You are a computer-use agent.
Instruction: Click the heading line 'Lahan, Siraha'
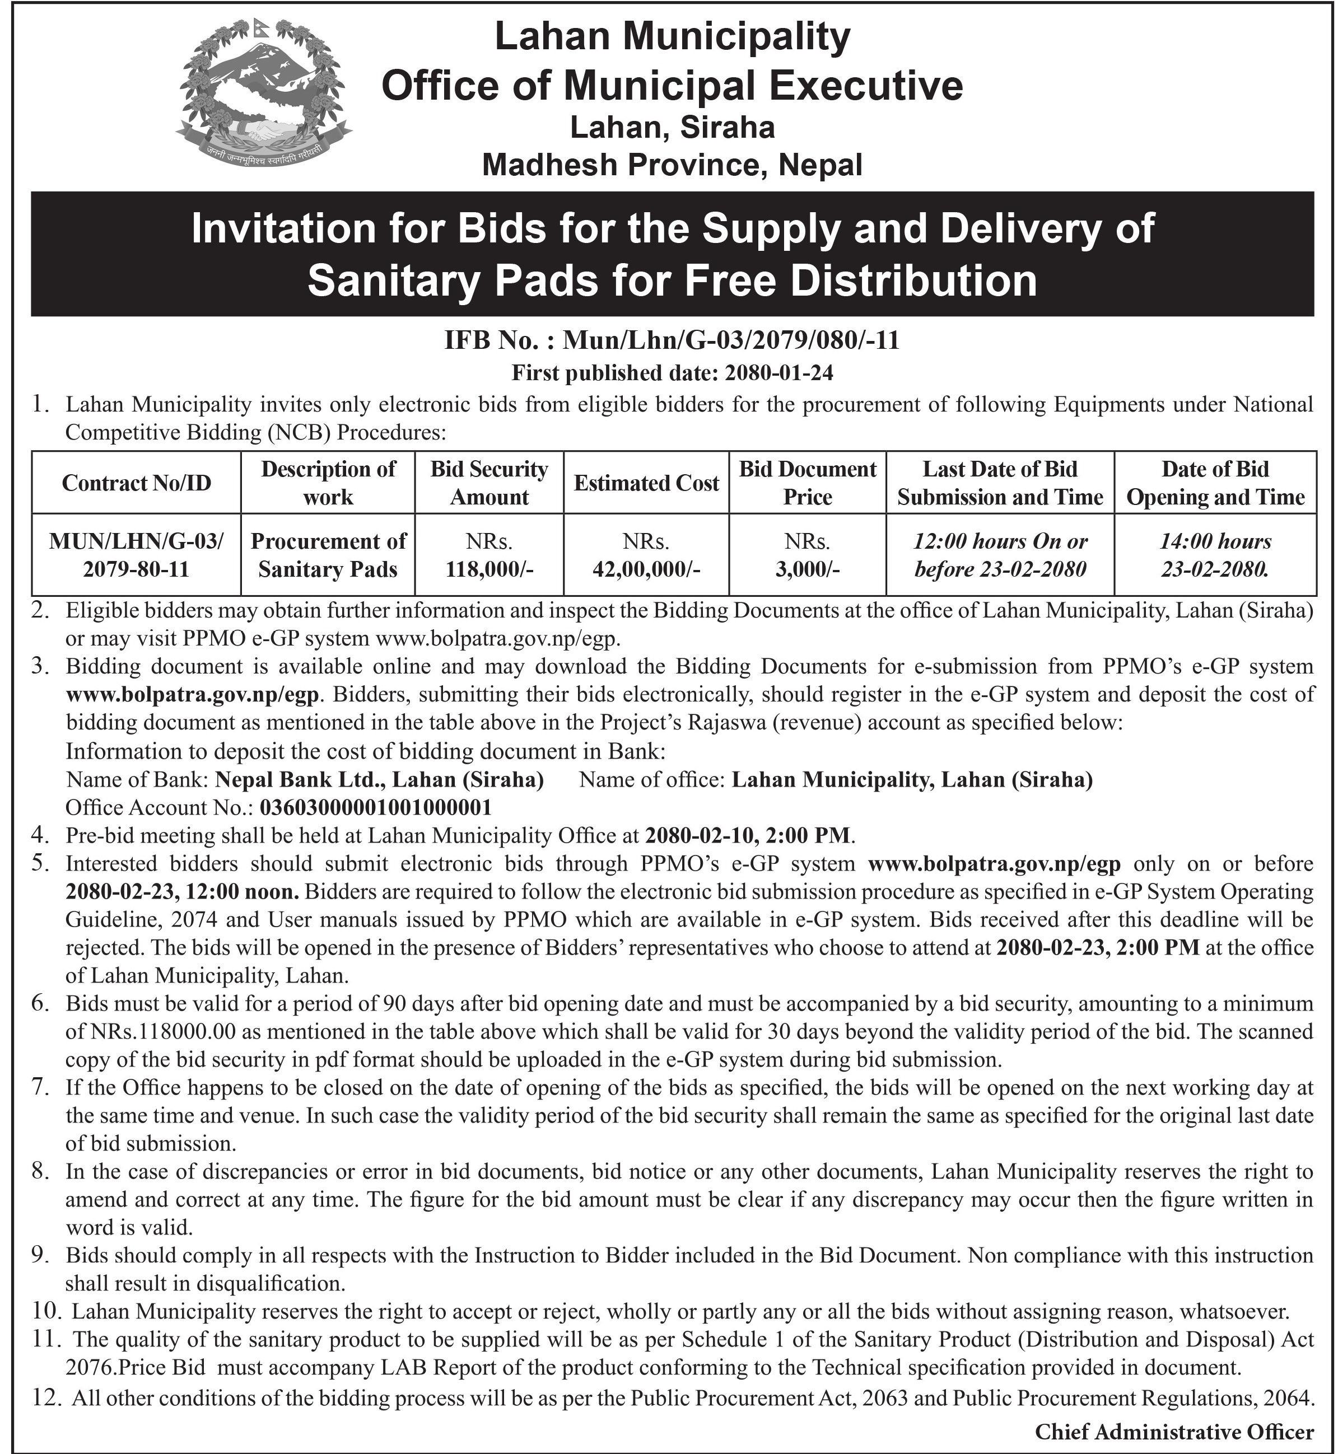click(672, 128)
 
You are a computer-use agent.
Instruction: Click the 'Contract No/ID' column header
click(136, 483)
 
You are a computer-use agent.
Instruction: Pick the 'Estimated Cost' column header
click(646, 483)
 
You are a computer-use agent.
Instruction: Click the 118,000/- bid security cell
click(489, 555)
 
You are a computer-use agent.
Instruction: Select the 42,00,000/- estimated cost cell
click(646, 555)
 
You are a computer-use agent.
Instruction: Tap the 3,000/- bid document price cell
click(807, 555)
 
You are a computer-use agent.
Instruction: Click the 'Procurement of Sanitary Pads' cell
click(328, 555)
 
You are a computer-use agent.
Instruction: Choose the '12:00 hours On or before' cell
click(1000, 555)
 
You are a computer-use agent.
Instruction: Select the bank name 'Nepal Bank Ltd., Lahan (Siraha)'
click(379, 779)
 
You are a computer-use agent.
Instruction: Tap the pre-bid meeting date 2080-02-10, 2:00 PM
click(749, 835)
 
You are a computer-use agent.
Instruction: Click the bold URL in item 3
click(193, 695)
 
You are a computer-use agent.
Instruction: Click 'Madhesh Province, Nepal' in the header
click(672, 165)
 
